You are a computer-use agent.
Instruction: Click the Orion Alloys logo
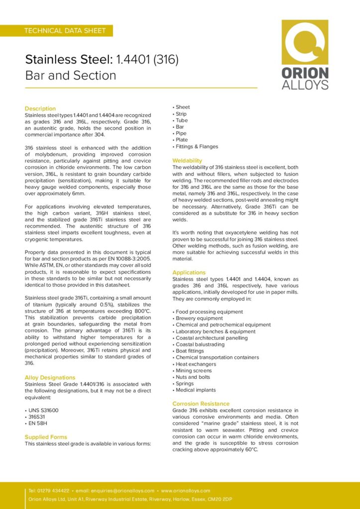[x=305, y=55]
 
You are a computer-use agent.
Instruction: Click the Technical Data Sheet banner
[x=65, y=31]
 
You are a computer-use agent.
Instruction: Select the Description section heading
[x=40, y=108]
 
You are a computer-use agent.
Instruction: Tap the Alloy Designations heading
[x=50, y=377]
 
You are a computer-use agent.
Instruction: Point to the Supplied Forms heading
[x=46, y=437]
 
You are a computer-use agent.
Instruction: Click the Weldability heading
[x=187, y=161]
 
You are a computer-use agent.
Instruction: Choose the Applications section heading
[x=188, y=272]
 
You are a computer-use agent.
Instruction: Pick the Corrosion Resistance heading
[x=201, y=404]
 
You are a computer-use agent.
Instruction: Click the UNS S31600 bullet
[x=43, y=410]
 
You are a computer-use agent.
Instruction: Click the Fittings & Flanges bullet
[x=196, y=147]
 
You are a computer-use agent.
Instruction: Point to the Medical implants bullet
[x=196, y=390]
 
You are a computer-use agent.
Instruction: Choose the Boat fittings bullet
[x=190, y=351]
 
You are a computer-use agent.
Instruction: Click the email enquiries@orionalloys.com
[x=122, y=491]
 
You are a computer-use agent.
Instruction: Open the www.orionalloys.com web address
[x=185, y=491]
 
